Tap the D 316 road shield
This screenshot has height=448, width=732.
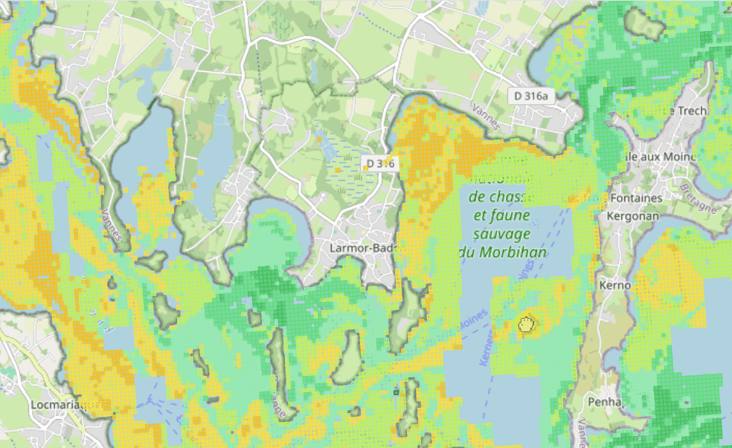(379, 163)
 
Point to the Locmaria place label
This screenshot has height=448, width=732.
(60, 405)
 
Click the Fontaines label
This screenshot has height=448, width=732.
(635, 198)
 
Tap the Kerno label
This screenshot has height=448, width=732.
(614, 285)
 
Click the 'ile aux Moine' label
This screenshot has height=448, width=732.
(663, 157)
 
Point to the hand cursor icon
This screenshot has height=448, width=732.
(527, 324)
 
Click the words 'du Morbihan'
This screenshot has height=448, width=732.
(503, 252)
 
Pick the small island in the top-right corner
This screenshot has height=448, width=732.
(644, 25)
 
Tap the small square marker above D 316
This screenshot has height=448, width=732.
(319, 139)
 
